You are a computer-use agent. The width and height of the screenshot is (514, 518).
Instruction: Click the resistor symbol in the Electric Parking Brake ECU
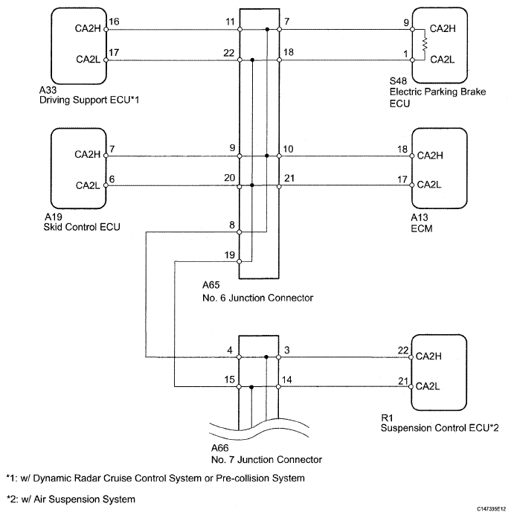point(425,45)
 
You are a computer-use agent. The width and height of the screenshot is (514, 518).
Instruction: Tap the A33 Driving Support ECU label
point(89,95)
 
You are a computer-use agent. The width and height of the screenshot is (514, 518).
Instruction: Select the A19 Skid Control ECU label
point(82,222)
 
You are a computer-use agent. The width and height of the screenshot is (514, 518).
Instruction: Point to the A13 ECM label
point(422,223)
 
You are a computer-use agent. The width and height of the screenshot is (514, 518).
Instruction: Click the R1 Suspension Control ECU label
point(440,423)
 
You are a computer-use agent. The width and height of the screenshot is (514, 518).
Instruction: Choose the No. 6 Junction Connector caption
point(257,298)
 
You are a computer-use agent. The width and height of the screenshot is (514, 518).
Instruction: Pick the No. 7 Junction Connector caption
point(266,459)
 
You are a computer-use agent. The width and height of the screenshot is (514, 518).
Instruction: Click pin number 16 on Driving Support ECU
point(114,22)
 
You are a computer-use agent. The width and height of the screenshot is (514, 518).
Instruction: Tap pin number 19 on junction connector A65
point(229,255)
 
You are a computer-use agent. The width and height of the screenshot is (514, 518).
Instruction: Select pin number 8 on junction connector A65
point(232,225)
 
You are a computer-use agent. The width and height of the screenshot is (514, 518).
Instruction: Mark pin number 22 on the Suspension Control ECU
point(403,351)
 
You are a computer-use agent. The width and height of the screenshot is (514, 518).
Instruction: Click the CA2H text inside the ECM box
point(430,156)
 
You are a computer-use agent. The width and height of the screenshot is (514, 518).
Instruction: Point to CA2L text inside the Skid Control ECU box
point(88,185)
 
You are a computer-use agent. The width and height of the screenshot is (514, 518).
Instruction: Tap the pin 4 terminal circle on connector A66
point(240,357)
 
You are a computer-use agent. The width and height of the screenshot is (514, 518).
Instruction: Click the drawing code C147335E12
point(491,509)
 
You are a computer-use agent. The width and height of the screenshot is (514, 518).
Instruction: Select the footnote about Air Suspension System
point(71,499)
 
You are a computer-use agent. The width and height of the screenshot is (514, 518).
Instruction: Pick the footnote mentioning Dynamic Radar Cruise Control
point(155,478)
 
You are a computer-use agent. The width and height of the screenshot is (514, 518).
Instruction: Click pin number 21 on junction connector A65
point(289,179)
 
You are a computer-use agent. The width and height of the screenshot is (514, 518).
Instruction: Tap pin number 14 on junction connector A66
point(286,380)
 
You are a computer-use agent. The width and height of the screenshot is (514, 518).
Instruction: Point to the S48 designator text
point(398,81)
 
